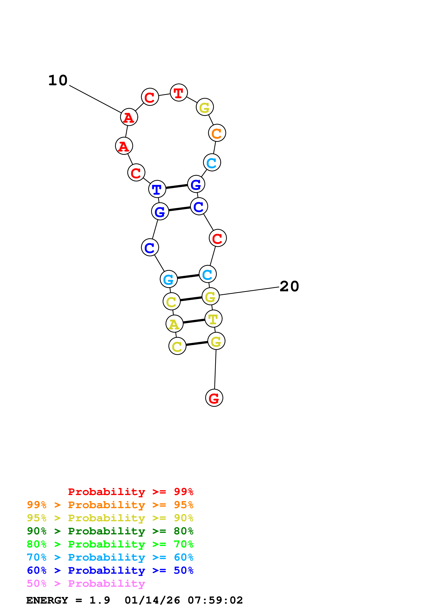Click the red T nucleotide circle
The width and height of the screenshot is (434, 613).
click(x=179, y=93)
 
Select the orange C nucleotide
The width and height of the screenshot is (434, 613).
click(x=217, y=133)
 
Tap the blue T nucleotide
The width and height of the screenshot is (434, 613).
click(x=157, y=189)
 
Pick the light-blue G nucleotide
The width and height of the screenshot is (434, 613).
click(x=168, y=279)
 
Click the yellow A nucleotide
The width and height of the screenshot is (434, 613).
click(x=174, y=324)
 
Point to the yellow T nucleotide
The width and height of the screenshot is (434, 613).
click(x=213, y=319)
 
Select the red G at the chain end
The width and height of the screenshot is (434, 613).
click(x=214, y=398)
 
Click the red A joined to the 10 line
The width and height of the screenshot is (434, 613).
click(x=129, y=117)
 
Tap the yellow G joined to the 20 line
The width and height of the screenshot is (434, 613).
click(x=210, y=296)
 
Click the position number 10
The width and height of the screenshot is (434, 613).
click(x=58, y=80)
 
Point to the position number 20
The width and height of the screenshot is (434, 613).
click(x=289, y=286)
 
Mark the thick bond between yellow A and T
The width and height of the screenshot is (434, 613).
click(x=194, y=321)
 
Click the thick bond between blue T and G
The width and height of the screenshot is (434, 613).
click(x=176, y=186)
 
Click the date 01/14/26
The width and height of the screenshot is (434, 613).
click(x=152, y=600)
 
